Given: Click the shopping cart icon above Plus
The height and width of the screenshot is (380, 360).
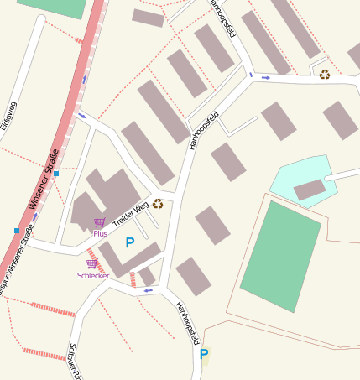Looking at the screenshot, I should (x=100, y=222).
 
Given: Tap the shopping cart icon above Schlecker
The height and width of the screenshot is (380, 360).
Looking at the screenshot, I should (x=91, y=263).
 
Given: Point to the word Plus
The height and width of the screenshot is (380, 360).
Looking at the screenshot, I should (x=100, y=233).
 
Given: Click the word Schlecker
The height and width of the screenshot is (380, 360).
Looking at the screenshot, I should (x=93, y=275).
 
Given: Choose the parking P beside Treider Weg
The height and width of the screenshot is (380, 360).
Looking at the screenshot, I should (x=129, y=242).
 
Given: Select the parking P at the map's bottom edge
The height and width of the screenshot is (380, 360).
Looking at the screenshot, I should (x=203, y=354).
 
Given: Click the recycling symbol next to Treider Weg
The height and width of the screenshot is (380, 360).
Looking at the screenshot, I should (x=158, y=204).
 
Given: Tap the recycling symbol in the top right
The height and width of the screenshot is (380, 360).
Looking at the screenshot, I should (x=324, y=74).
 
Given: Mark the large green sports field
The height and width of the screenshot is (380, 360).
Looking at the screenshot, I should (x=280, y=255).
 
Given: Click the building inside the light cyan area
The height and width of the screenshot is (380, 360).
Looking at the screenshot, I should (x=309, y=190).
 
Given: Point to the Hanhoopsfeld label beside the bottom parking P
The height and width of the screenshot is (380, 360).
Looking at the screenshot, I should (x=187, y=324).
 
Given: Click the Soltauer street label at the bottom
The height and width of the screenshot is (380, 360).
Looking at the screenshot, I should (x=74, y=362).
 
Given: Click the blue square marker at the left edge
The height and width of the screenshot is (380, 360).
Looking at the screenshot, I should (x=16, y=230).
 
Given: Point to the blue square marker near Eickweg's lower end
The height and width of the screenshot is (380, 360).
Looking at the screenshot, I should (x=56, y=174).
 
